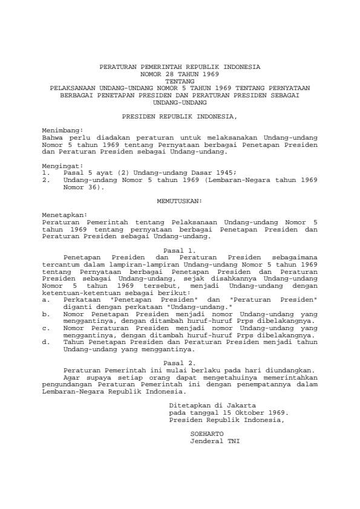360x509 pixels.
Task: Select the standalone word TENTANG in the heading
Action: click(180, 80)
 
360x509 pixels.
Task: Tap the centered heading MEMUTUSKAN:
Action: click(180, 199)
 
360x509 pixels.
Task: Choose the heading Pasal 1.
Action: click(180, 250)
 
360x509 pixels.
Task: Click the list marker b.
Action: click(46, 314)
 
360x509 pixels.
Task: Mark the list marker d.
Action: click(46, 342)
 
